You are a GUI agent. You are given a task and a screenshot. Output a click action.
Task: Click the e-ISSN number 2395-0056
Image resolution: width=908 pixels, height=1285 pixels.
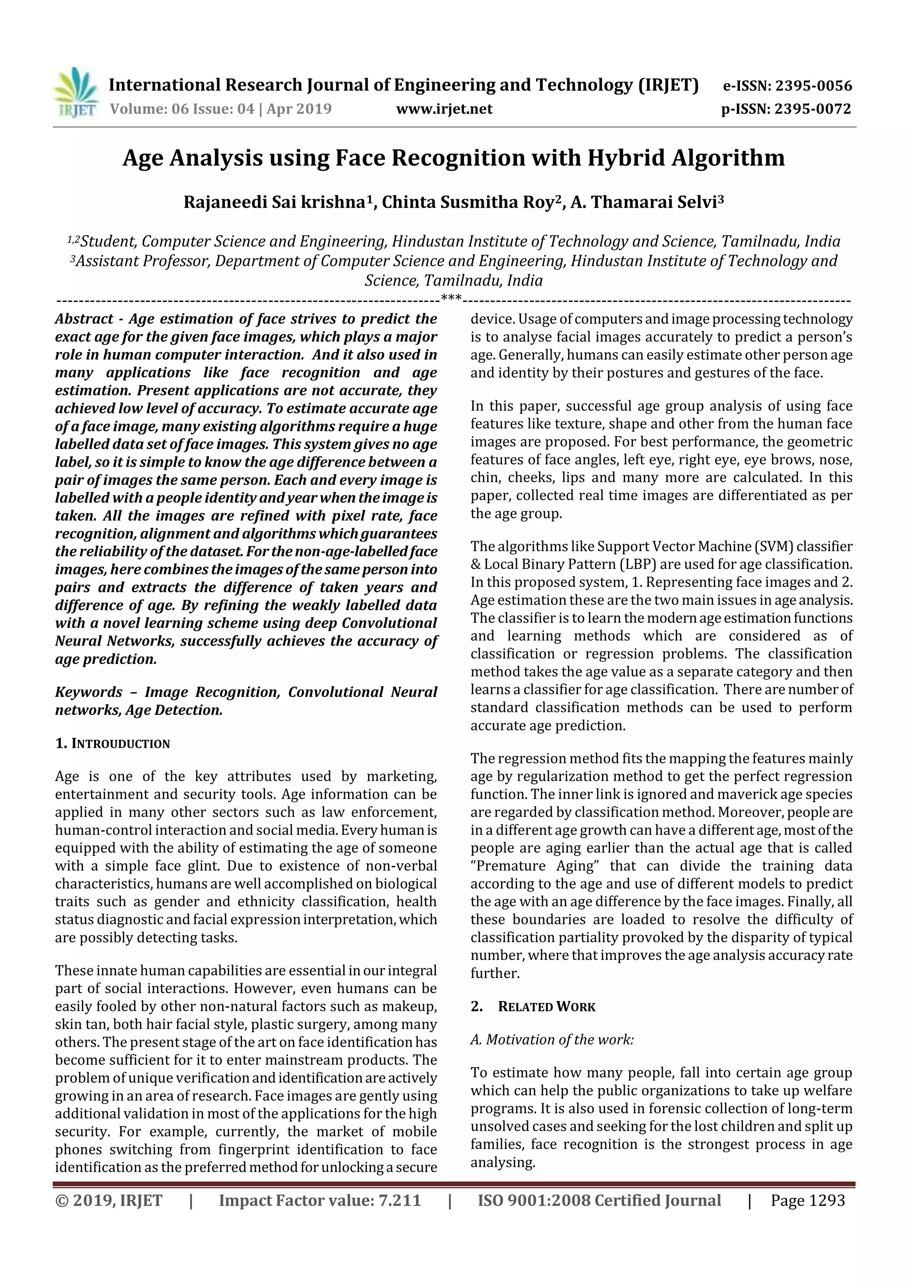[x=813, y=86]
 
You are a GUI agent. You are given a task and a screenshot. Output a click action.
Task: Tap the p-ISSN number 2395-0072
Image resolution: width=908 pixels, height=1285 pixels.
[x=812, y=109]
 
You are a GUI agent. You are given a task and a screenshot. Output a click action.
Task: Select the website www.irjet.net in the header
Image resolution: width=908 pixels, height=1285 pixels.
[x=444, y=109]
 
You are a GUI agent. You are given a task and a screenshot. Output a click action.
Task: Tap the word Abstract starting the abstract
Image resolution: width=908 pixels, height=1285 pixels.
[x=84, y=319]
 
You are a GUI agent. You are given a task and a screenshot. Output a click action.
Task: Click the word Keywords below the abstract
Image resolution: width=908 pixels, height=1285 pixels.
[x=88, y=692]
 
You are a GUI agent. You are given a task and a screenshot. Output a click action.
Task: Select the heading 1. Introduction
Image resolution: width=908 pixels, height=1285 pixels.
[x=113, y=744]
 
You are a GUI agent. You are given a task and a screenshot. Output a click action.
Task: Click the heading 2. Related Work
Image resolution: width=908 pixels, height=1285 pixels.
[x=533, y=1007]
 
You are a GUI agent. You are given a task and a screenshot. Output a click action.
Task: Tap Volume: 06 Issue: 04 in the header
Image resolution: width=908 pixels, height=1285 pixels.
[x=182, y=109]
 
